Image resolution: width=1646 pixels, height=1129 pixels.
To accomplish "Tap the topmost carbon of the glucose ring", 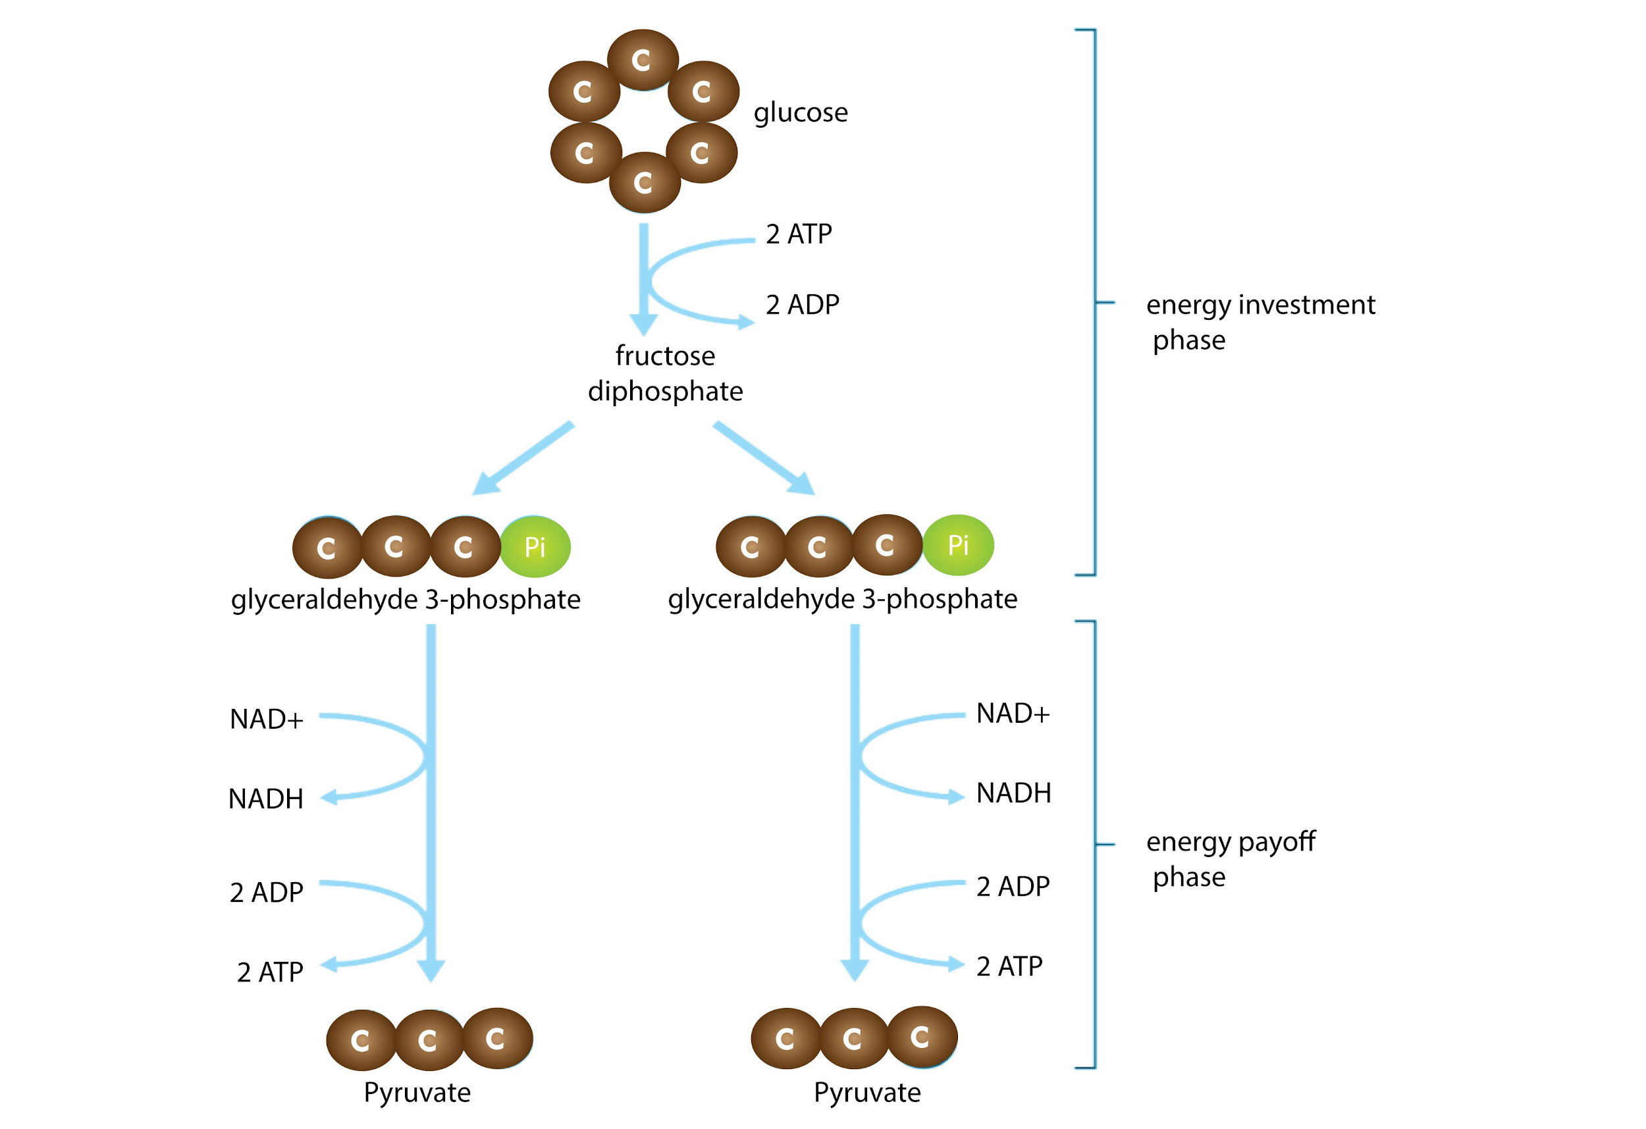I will (643, 60).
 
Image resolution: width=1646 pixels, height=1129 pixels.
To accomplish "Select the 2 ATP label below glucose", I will (798, 234).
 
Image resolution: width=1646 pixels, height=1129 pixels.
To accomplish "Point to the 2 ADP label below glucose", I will (802, 305).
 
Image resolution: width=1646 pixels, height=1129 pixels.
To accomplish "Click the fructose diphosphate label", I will (665, 373).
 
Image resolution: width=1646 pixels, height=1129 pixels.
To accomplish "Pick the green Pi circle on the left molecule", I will (535, 547).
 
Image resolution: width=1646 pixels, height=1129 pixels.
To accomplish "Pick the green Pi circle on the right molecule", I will (957, 545).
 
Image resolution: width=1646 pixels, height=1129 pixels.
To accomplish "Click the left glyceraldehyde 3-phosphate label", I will (405, 600).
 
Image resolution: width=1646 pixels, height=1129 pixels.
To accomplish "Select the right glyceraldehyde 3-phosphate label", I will (842, 599).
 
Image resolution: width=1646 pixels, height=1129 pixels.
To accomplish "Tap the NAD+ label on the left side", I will (266, 720).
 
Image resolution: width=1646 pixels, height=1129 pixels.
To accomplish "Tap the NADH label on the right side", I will (1013, 793).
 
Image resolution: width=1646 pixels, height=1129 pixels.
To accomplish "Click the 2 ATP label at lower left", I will (270, 972).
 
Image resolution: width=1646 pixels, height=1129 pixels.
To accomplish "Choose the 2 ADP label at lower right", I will (1012, 887).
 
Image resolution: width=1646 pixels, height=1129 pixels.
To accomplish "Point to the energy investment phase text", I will (1260, 323).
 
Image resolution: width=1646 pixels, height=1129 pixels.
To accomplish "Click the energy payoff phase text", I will (1231, 859).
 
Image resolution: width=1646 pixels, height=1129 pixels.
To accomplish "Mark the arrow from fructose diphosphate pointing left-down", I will (523, 458).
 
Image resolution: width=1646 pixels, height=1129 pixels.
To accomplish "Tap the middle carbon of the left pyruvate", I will (428, 1039).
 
